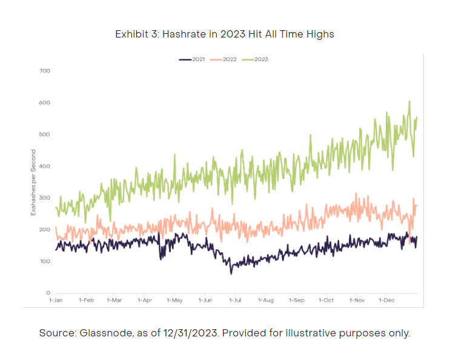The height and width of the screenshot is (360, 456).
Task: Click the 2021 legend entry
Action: tap(192, 59)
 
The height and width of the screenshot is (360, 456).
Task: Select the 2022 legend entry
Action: tap(223, 59)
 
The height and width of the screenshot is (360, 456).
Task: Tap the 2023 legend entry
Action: tap(255, 59)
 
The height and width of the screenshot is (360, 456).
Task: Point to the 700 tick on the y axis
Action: tap(45, 71)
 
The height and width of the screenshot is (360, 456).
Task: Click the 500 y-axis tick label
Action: tap(45, 134)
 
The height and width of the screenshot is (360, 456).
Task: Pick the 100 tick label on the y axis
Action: tap(45, 261)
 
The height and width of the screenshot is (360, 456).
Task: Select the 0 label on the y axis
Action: tap(48, 293)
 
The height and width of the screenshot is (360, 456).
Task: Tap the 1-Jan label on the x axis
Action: tap(56, 300)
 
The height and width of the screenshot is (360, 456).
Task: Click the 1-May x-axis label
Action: tap(175, 300)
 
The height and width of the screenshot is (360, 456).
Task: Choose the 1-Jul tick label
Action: tap(236, 300)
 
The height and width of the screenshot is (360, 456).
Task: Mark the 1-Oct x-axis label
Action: tap(326, 300)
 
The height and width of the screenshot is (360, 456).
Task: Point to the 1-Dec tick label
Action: tap(387, 300)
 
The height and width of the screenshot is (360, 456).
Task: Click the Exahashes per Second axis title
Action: tap(33, 183)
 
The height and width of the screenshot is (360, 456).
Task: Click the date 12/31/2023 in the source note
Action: tap(190, 333)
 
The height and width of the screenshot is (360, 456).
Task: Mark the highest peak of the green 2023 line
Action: tap(409, 101)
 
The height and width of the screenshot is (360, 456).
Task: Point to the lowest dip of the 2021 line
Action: tap(231, 273)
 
